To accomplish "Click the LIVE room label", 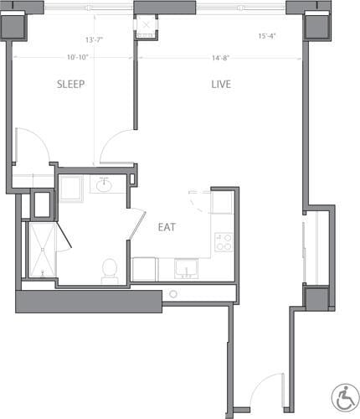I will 221,85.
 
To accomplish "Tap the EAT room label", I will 167,226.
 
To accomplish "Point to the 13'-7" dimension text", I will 95,40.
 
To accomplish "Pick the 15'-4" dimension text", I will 268,36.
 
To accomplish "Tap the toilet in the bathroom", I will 109,268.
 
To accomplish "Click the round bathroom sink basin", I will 104,185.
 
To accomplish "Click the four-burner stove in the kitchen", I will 224,241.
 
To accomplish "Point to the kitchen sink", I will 186,269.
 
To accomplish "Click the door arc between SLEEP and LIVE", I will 117,147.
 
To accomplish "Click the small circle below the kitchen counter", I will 173,294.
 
